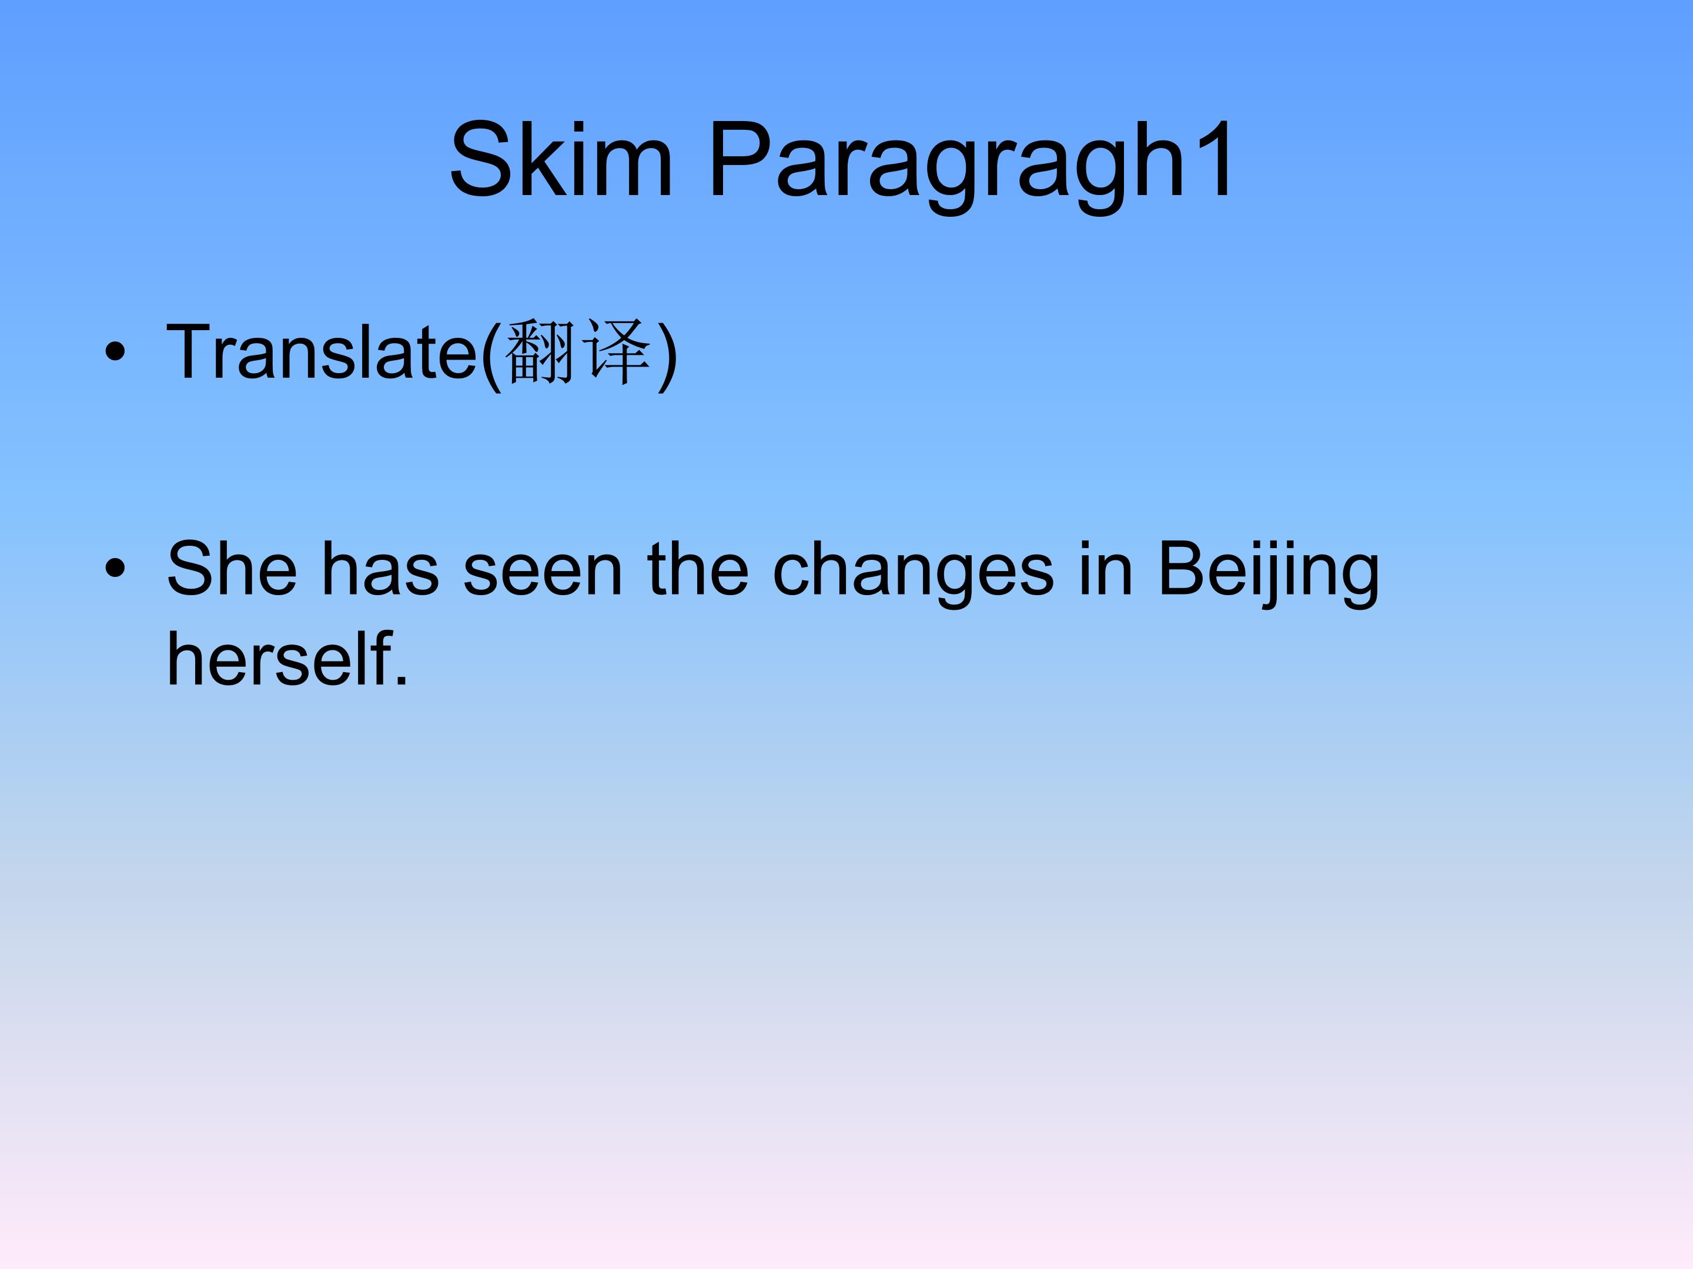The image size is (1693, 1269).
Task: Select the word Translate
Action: pyautogui.click(x=322, y=352)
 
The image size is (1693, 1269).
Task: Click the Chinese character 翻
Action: pyautogui.click(x=540, y=352)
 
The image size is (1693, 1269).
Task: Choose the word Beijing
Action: pyautogui.click(x=1268, y=572)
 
